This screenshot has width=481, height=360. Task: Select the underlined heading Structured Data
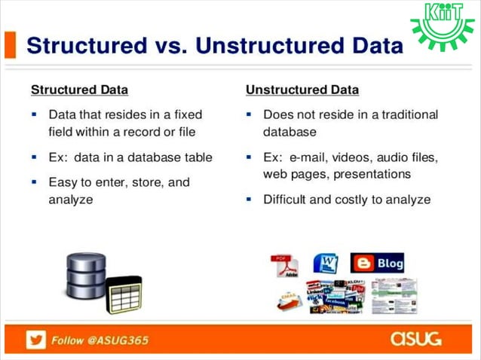[x=79, y=90]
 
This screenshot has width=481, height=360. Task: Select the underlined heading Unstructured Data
[x=302, y=90]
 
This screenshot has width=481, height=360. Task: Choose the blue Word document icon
[x=326, y=264]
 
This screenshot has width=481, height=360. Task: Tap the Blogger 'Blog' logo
[x=377, y=263]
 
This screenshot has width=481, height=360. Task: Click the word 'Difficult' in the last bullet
[x=287, y=200]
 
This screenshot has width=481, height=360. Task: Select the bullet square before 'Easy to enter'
[x=34, y=182]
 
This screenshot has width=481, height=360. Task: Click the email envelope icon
[x=290, y=301]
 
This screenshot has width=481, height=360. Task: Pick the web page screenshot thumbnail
[x=394, y=296]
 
